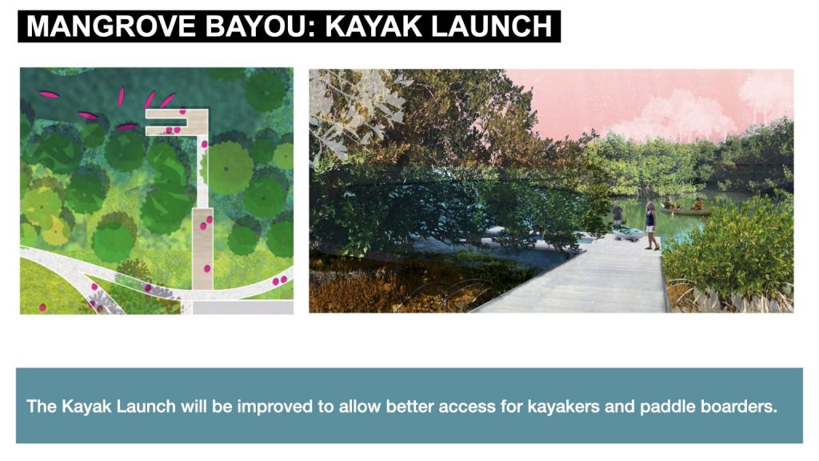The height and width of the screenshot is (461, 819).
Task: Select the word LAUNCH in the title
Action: tap(492, 26)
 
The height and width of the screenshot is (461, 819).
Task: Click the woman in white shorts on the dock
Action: tap(651, 225)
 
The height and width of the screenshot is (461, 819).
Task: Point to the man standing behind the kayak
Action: tap(617, 214)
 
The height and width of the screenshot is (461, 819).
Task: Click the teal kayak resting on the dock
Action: tap(629, 235)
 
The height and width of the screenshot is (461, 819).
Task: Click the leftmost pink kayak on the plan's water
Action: tap(49, 94)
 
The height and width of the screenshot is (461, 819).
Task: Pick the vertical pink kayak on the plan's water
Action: tap(122, 96)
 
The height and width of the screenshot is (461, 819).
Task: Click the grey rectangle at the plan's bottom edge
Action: tap(243, 307)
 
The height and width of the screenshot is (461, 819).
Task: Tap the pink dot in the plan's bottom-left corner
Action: tap(42, 307)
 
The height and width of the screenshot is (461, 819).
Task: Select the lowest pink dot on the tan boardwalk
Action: tap(207, 269)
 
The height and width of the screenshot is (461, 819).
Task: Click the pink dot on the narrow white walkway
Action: tap(204, 144)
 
